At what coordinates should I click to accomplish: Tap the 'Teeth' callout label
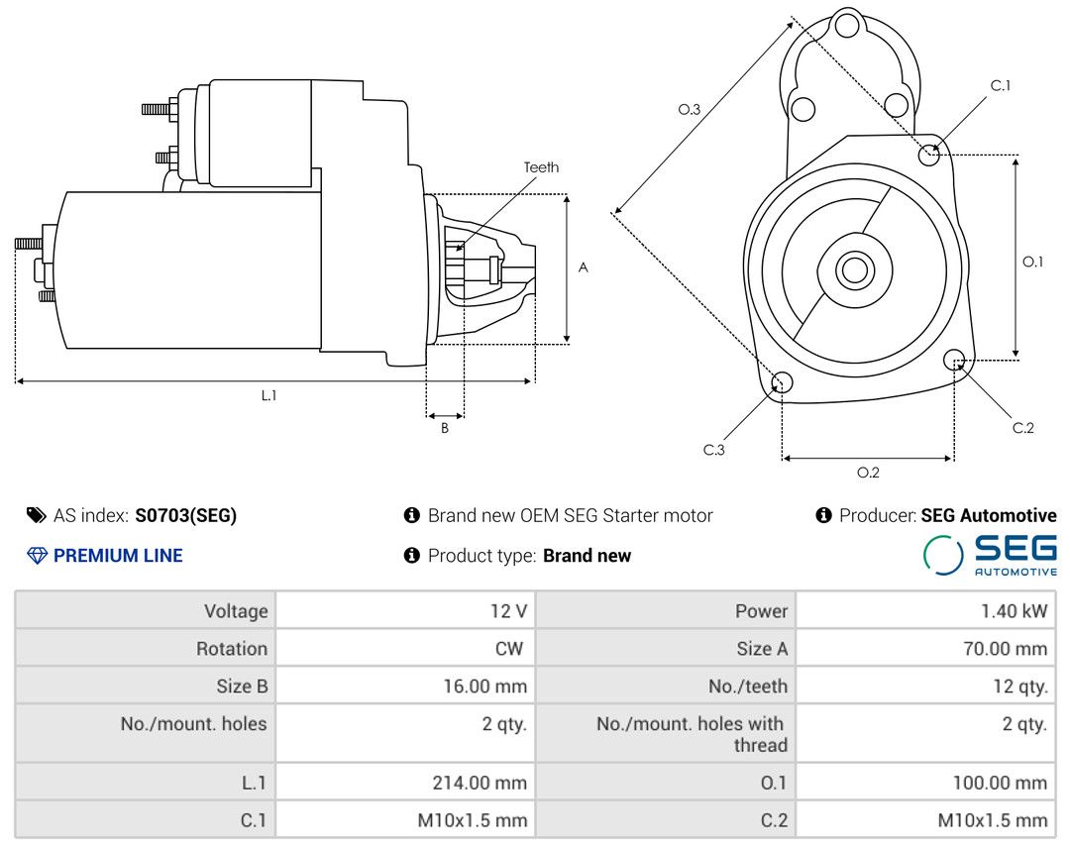point(541,167)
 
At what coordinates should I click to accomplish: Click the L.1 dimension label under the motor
point(268,395)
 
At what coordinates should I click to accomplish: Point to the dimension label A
point(584,267)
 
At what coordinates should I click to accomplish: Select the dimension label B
point(445,429)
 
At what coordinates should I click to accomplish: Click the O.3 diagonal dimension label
point(690,110)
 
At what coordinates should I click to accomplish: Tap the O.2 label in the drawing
point(868,473)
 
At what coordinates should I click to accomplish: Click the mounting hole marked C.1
point(929,154)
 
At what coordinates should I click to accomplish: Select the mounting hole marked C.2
point(954,359)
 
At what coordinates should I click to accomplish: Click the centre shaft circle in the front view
point(852,269)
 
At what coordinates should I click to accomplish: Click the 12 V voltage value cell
point(508,611)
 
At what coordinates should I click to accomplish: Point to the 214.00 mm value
point(480,783)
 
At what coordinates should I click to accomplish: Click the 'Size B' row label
point(242,686)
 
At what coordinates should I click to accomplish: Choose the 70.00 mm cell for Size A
point(1002,649)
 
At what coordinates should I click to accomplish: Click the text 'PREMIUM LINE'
point(118,556)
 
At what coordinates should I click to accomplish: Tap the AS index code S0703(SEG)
point(186,515)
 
